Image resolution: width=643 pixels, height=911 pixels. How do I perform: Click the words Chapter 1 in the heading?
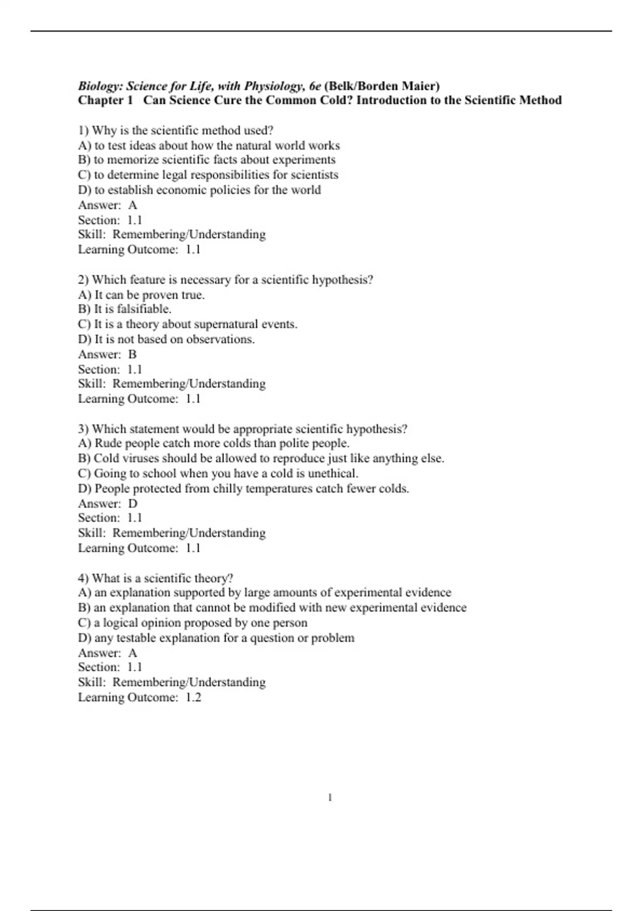pos(105,100)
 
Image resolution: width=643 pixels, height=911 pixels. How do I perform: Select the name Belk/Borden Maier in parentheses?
pos(382,86)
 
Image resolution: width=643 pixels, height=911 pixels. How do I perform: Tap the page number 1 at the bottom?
pos(330,798)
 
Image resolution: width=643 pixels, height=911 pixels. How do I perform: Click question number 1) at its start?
pos(84,130)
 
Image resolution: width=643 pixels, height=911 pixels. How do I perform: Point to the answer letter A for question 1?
pos(133,205)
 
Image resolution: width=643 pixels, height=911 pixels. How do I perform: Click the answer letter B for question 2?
pos(132,354)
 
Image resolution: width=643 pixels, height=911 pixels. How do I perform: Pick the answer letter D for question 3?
pos(133,504)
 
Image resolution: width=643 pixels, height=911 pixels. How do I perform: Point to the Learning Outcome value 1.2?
pos(193,697)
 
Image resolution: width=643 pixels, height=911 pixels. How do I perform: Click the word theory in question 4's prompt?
pos(213,578)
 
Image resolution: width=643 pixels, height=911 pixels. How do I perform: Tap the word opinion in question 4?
pos(161,623)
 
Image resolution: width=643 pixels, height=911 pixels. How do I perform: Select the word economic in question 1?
pos(181,190)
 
